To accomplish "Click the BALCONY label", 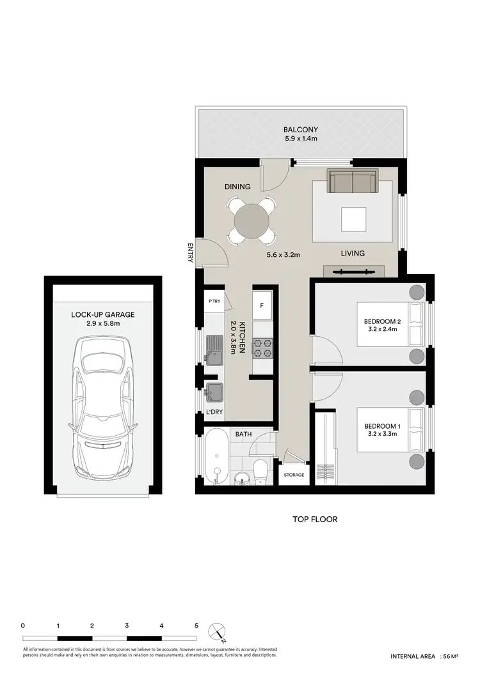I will [300, 128].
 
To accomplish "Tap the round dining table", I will [252, 220].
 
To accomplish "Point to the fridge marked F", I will [262, 305].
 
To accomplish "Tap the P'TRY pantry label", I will [213, 300].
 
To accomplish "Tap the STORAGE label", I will [294, 475].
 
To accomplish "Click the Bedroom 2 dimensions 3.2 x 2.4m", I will [381, 330].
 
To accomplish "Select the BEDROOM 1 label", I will [381, 426].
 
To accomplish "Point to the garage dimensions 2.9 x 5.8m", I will [102, 324].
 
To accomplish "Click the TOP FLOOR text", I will [314, 520].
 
